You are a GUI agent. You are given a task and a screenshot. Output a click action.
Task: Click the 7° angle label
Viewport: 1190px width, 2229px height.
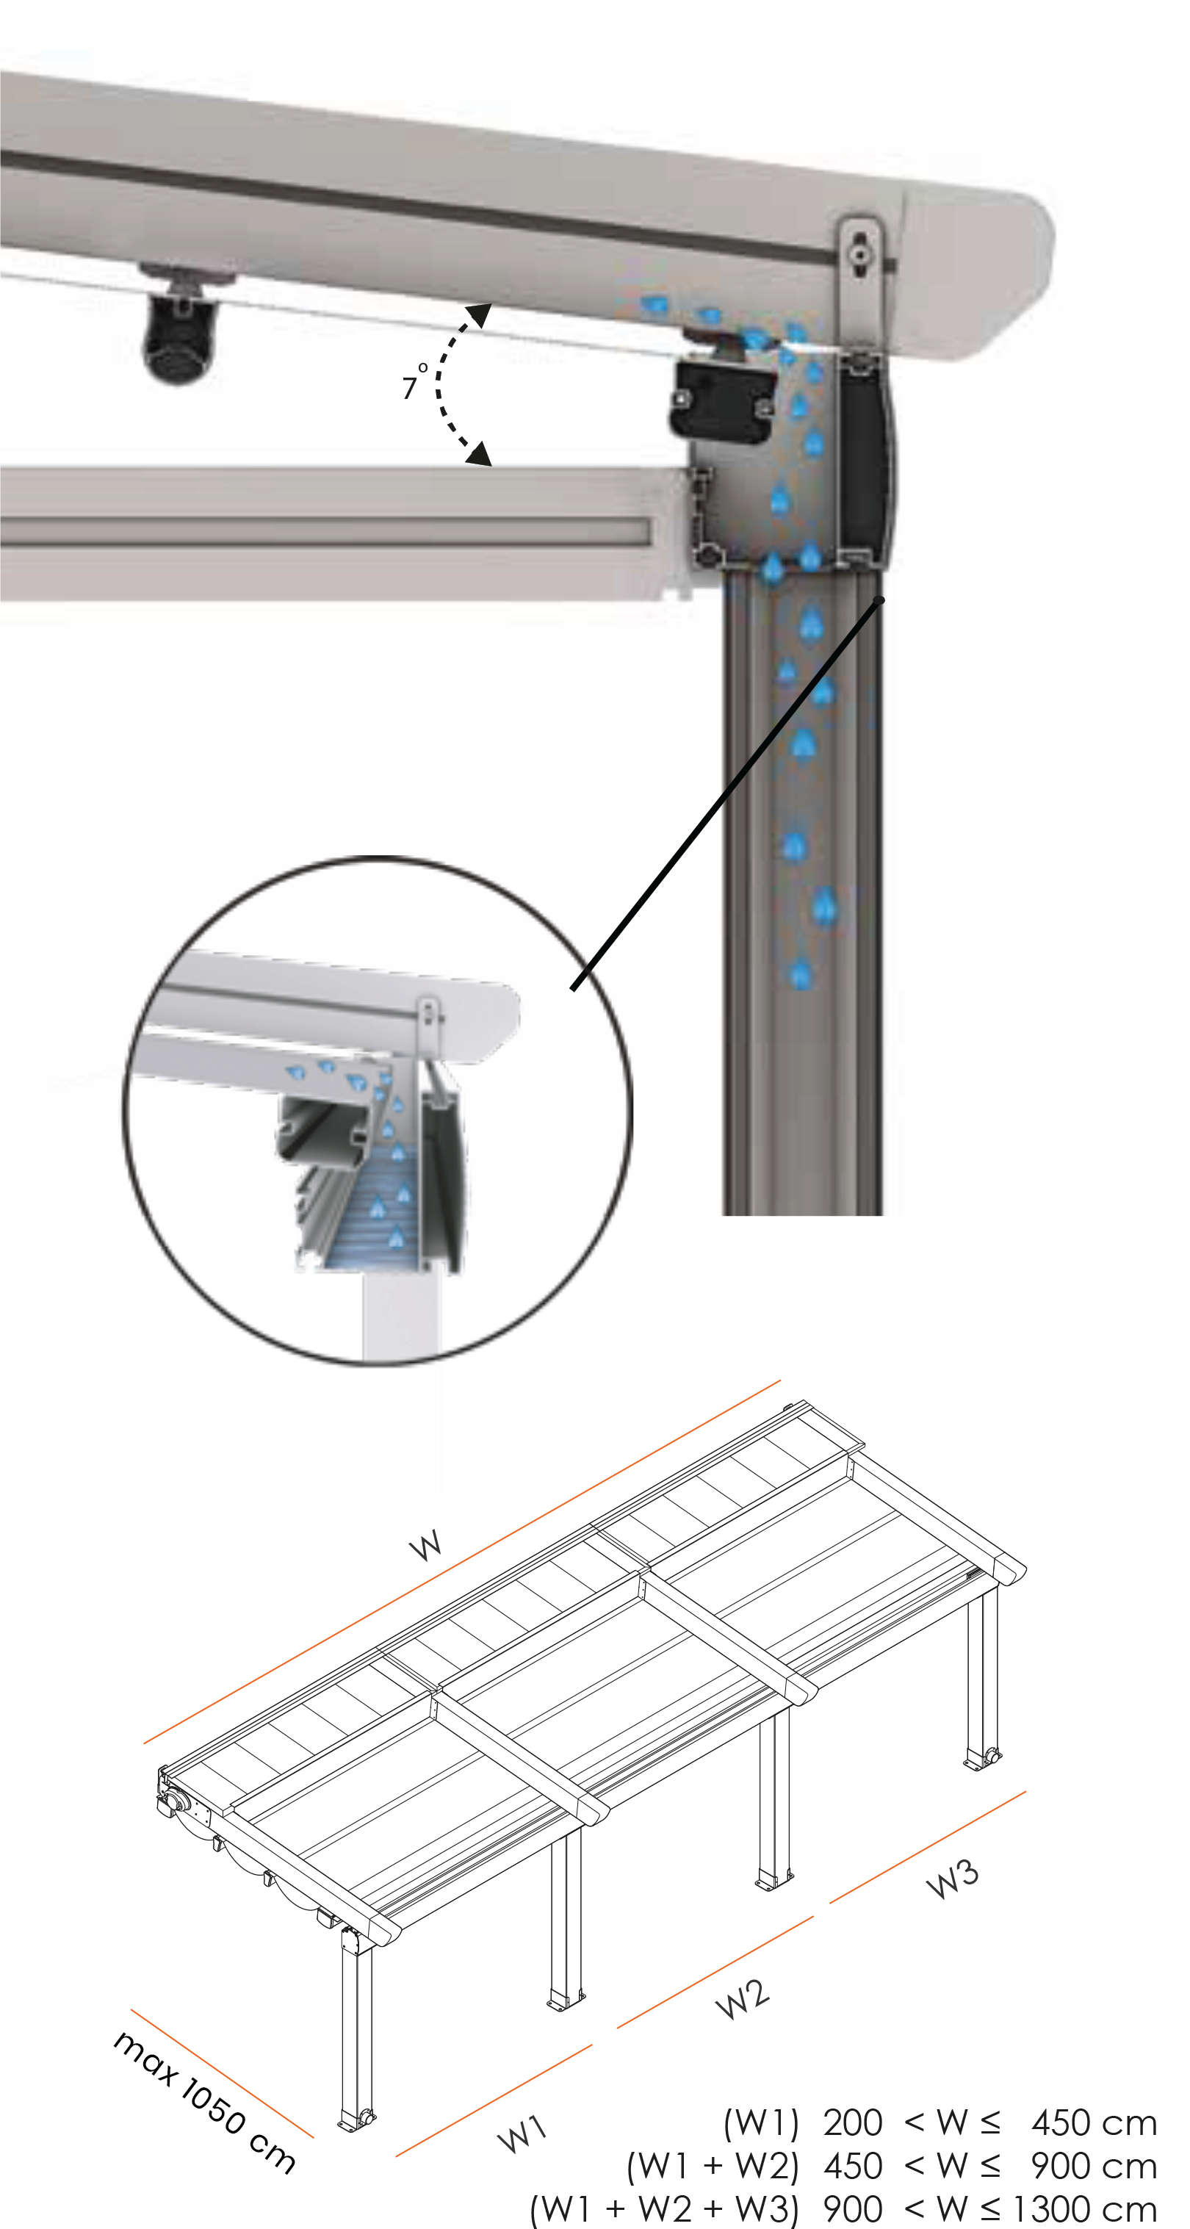[414, 381]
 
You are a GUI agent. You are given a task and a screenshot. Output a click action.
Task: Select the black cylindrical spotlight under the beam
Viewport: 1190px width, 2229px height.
[179, 337]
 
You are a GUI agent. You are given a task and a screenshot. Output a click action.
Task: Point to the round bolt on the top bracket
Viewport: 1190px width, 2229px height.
[859, 254]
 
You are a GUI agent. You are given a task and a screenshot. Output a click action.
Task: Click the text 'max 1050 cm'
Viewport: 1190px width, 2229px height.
[204, 2101]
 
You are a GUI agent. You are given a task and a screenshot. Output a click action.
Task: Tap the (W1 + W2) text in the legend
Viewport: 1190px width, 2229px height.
[713, 2166]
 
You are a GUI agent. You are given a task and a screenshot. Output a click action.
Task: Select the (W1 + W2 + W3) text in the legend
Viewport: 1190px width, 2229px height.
[664, 2209]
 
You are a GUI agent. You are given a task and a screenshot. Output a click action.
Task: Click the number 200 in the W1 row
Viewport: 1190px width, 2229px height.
[853, 2122]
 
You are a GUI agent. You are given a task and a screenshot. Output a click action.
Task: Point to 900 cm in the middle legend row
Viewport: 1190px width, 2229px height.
[1094, 2166]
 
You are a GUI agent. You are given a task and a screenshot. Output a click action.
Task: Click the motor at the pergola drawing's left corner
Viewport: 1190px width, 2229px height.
[173, 1801]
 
